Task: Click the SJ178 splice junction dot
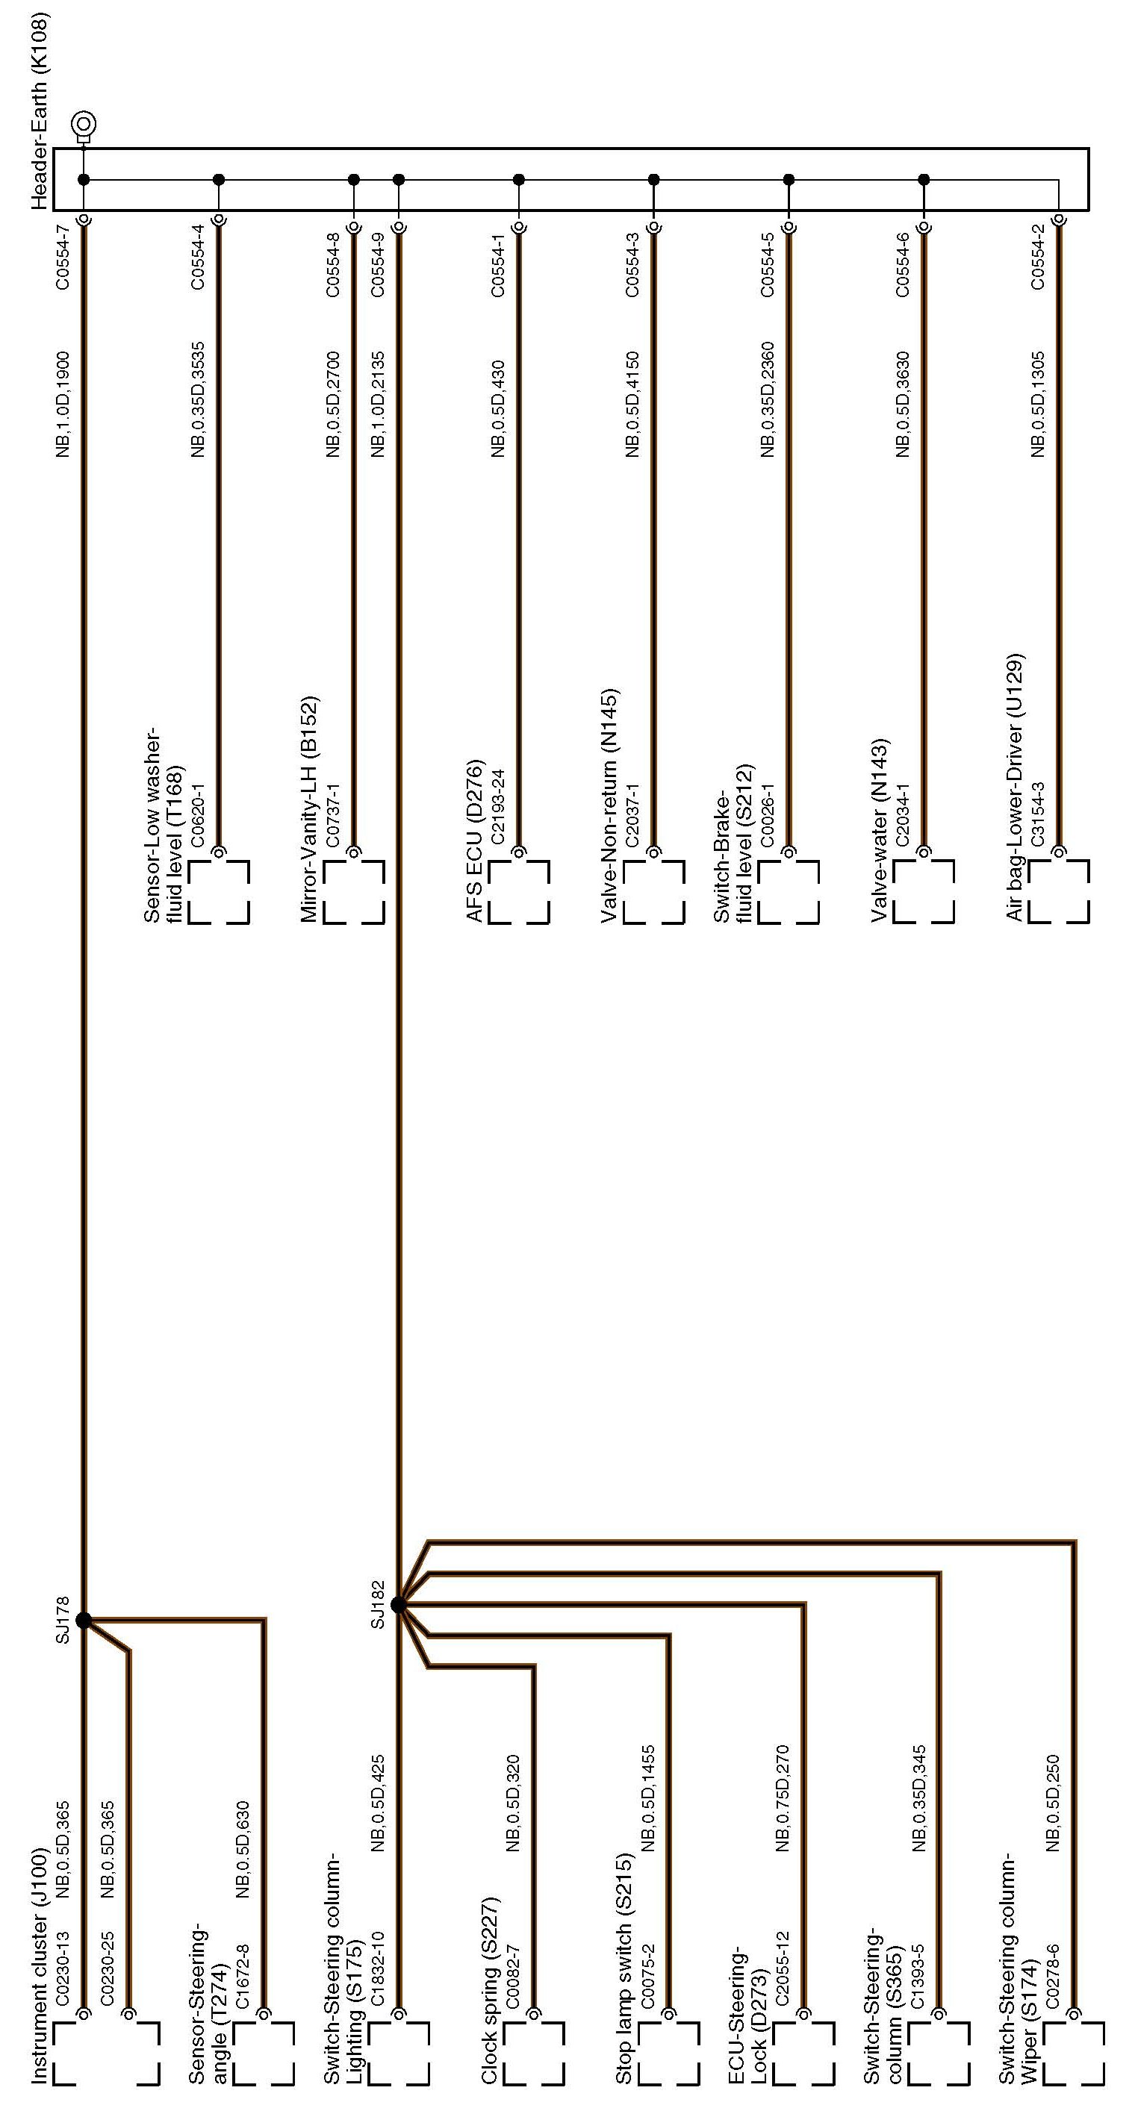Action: (83, 1619)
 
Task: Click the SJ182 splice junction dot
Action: (398, 1604)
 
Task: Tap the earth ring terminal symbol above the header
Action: (84, 125)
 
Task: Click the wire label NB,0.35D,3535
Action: (198, 399)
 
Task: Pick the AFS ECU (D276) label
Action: (474, 841)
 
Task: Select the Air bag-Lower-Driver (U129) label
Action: (1016, 787)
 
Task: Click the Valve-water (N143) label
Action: (880, 831)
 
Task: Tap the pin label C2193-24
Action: (497, 808)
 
